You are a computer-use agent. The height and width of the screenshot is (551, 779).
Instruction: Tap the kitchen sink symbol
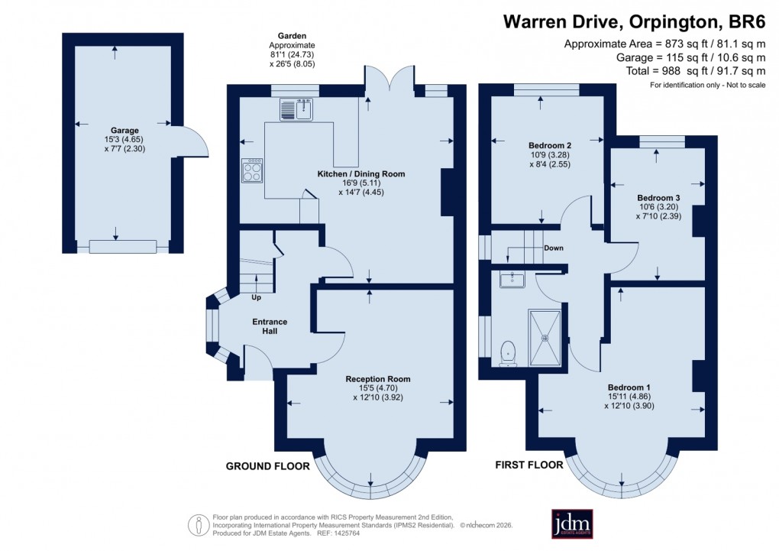(297, 110)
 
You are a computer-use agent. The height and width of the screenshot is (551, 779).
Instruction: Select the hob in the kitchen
(252, 170)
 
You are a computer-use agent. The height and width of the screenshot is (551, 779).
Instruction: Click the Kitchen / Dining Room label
(360, 174)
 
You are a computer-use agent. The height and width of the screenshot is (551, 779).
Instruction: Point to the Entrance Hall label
(270, 326)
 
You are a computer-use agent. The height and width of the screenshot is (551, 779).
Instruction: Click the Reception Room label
(377, 379)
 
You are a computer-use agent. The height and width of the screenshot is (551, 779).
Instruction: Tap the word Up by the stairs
(258, 297)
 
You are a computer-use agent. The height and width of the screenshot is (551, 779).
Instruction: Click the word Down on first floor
(554, 248)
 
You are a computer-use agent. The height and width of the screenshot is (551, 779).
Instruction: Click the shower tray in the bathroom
(545, 336)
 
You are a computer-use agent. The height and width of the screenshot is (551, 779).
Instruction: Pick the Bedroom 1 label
(629, 387)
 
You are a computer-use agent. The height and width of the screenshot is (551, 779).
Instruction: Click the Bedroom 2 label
(550, 145)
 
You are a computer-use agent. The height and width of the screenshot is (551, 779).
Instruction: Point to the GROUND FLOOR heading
(267, 465)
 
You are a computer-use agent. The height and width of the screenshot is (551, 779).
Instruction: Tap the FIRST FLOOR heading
(529, 465)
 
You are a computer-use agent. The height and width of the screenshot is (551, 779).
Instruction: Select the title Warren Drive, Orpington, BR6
(634, 21)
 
